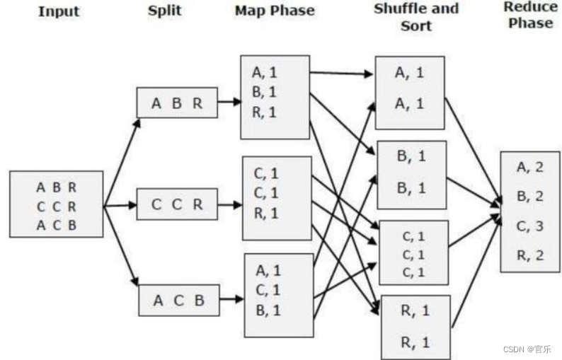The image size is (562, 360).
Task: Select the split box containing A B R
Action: (x=177, y=103)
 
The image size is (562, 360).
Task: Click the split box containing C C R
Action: (x=177, y=204)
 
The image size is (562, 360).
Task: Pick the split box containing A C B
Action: (x=178, y=300)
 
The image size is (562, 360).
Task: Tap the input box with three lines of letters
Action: (x=57, y=204)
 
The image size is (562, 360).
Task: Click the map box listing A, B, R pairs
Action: (x=275, y=97)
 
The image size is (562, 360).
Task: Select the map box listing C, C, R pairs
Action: (x=277, y=197)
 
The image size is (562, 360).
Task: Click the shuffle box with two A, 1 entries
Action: (x=410, y=93)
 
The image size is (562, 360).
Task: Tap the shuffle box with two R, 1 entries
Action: (x=415, y=327)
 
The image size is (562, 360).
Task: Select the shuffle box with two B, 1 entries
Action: (x=411, y=174)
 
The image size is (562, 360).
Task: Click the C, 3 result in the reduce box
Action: (x=530, y=226)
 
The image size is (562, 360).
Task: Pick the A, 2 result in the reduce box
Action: (x=530, y=168)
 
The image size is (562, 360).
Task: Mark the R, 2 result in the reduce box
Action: (x=530, y=255)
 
